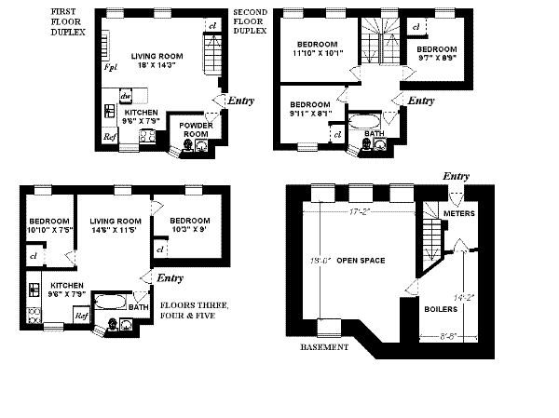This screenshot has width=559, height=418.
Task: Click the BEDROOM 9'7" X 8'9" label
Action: point(436,54)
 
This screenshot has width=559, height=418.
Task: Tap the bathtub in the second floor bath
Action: point(362,121)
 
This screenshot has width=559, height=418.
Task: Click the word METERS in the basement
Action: point(459,214)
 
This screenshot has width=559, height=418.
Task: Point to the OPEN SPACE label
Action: point(361,260)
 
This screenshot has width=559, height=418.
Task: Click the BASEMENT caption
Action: point(323,347)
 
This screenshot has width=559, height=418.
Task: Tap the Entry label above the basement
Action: point(456,176)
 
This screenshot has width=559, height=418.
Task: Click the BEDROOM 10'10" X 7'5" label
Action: point(48,224)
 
